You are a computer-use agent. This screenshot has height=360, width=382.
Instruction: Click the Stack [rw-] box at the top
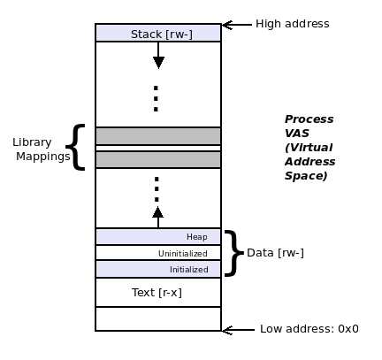coord(158,34)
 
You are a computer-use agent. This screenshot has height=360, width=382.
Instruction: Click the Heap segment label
coord(196,237)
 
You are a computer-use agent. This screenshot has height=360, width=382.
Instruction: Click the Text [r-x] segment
coord(157,292)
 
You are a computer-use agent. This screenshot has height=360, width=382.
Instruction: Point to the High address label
coord(292,24)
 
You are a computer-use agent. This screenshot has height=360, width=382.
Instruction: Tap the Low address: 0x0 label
coord(309,329)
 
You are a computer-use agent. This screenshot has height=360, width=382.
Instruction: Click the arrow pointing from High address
coord(235,25)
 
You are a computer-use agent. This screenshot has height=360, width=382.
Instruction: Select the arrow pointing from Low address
coord(237,330)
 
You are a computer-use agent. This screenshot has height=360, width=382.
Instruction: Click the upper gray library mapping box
coord(158,136)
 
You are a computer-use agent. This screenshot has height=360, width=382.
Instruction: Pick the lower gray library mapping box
coord(158,160)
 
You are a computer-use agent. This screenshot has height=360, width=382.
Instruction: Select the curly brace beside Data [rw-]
coord(233,253)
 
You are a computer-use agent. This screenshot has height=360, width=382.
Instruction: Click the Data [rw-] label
coord(275,253)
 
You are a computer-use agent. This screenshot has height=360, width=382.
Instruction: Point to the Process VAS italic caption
coord(309,148)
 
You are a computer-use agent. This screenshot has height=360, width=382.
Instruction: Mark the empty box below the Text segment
coord(158,318)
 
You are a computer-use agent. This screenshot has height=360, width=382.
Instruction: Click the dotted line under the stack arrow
coord(157,98)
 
